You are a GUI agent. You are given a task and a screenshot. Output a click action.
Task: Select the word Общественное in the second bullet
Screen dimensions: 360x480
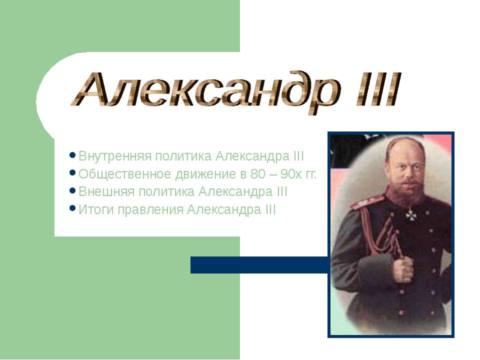(x=125, y=174)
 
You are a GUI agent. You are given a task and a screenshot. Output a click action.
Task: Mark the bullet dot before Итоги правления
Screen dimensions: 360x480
(x=73, y=208)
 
